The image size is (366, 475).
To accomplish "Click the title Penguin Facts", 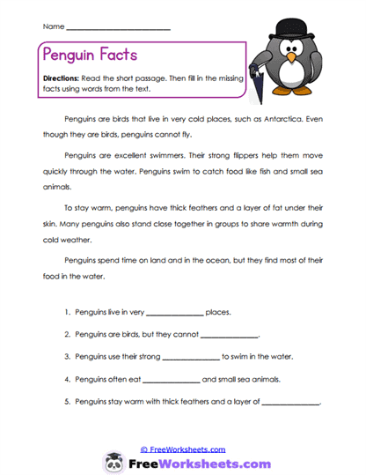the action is click(89, 55).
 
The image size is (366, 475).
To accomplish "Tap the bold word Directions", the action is click(62, 78).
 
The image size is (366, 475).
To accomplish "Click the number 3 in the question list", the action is click(67, 358).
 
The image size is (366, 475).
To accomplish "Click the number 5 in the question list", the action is click(67, 403).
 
